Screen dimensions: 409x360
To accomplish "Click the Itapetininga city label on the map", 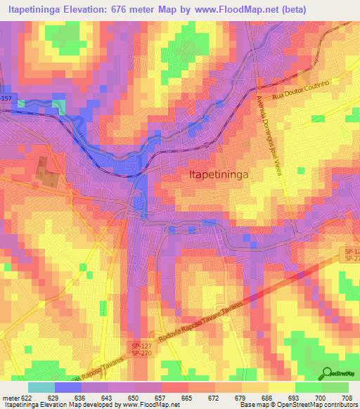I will pos(221,176).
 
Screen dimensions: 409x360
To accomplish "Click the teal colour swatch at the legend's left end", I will pos(41,387).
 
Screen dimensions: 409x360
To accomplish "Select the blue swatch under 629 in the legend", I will pos(68,387).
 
